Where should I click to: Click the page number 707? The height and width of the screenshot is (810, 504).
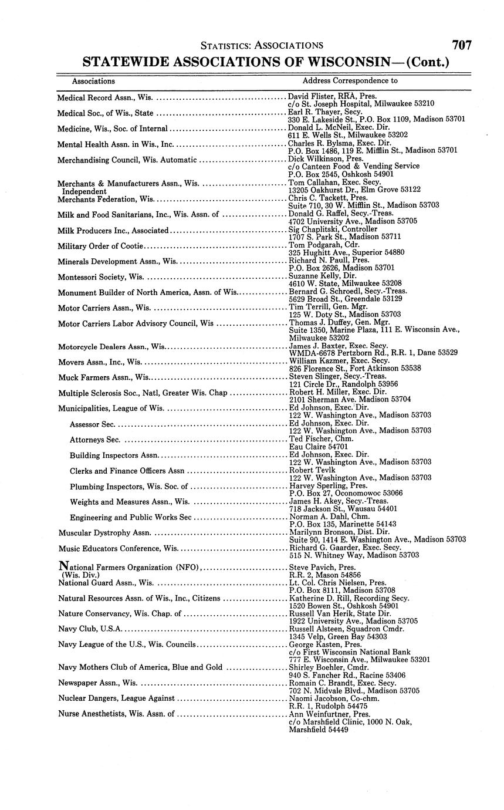pyautogui.click(x=461, y=45)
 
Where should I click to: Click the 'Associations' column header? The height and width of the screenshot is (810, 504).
pyautogui.click(x=93, y=81)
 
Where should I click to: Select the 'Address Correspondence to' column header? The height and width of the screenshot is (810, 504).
pyautogui.click(x=350, y=81)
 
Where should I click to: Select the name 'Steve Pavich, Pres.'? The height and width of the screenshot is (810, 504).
pyautogui.click(x=322, y=568)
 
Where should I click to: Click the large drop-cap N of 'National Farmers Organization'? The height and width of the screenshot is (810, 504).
pyautogui.click(x=65, y=567)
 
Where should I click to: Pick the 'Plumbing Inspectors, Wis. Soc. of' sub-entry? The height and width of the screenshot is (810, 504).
pyautogui.click(x=128, y=487)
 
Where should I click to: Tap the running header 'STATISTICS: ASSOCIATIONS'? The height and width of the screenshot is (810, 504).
pyautogui.click(x=262, y=45)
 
